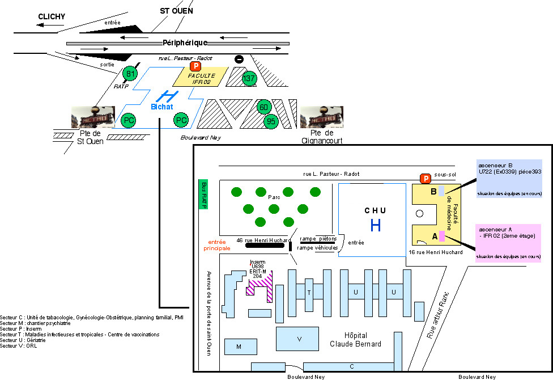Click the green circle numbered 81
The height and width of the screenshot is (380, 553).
[131, 74]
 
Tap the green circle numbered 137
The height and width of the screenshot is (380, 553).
[249, 78]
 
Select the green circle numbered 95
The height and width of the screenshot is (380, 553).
[271, 120]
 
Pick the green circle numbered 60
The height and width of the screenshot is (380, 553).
[263, 107]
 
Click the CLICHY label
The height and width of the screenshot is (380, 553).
[52, 17]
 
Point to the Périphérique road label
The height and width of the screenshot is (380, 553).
[185, 43]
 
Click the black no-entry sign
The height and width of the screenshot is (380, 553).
[239, 59]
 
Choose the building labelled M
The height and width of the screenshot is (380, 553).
[239, 346]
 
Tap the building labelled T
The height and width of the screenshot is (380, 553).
[309, 292]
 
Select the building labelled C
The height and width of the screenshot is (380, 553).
[351, 366]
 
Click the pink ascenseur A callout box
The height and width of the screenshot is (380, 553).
[508, 243]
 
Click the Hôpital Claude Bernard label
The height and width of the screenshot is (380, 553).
[356, 340]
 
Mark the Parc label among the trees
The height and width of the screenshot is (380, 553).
[274, 197]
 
